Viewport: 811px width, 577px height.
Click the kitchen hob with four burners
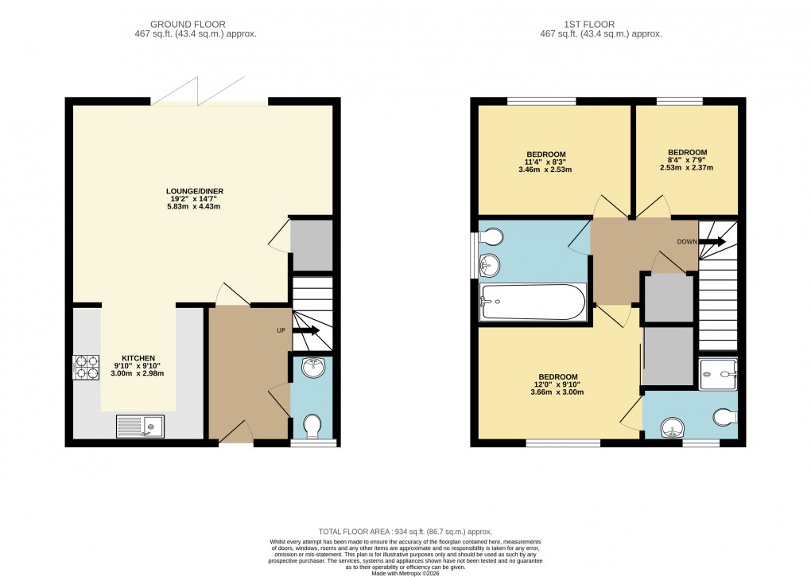pos(86,367)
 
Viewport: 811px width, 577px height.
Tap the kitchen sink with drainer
pos(141,427)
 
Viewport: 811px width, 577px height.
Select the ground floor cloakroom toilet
pos(312,426)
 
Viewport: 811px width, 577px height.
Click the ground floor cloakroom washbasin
pos(313,368)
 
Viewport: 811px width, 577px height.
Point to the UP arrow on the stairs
pos(306,330)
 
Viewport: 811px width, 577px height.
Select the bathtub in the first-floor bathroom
pos(533,302)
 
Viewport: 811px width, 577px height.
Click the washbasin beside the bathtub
pos(489,266)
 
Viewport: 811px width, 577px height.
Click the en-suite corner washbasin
pos(673,427)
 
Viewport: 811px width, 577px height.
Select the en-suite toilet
pos(725,417)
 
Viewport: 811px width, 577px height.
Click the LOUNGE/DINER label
pos(195,192)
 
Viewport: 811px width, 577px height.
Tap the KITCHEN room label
pos(138,358)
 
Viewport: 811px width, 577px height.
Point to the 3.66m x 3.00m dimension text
pos(557,392)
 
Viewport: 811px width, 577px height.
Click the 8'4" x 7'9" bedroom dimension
pos(687,160)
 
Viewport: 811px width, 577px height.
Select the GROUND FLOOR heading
pos(188,25)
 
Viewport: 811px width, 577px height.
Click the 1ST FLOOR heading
pos(590,25)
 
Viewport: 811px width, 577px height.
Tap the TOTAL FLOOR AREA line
pos(405,532)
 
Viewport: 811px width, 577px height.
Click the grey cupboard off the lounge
pos(312,245)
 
